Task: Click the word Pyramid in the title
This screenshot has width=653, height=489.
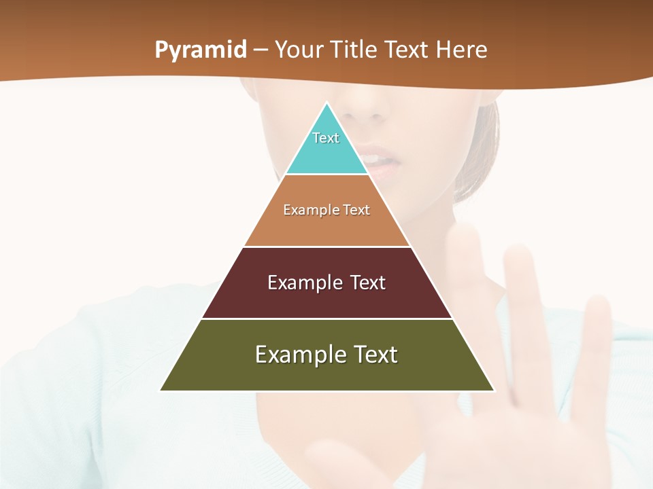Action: [200, 50]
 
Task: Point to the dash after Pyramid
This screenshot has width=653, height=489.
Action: [261, 50]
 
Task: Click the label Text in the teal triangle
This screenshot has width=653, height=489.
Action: [326, 138]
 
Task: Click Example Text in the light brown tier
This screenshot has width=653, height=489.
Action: [326, 210]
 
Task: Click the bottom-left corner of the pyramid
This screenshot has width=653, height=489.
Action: [161, 391]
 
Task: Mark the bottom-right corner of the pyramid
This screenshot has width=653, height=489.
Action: [494, 391]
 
